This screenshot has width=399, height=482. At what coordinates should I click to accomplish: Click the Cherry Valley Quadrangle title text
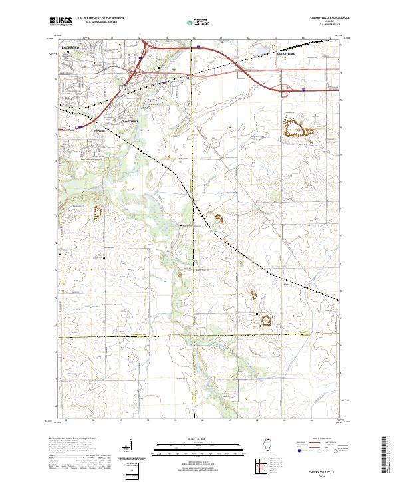[321, 18]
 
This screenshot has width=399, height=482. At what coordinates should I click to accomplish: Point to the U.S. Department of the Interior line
[100, 19]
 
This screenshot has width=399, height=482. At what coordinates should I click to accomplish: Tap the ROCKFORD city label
[70, 47]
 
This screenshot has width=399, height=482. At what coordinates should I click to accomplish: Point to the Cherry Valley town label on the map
[129, 120]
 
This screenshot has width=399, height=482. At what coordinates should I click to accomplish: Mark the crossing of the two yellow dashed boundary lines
[194, 336]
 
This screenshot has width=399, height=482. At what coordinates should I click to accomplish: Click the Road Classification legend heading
[320, 439]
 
